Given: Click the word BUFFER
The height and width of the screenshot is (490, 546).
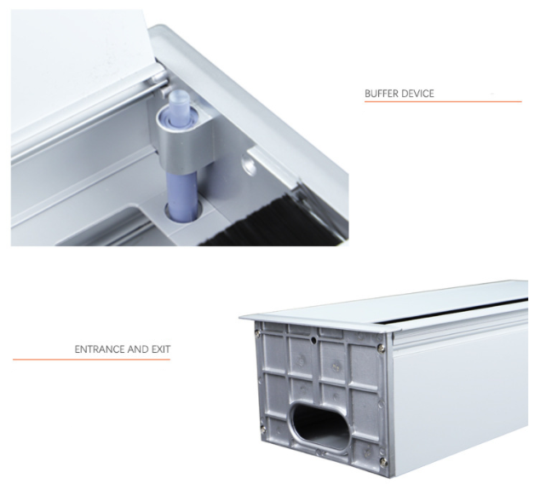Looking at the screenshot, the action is (382, 94).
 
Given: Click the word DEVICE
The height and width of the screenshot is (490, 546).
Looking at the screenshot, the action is (418, 94).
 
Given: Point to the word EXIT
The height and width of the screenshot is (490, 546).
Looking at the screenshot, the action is (161, 349).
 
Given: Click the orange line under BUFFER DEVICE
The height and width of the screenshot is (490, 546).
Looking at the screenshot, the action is (443, 101).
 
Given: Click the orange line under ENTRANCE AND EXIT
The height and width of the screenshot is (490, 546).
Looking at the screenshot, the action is (92, 359).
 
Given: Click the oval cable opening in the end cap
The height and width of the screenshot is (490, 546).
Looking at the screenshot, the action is (319, 425).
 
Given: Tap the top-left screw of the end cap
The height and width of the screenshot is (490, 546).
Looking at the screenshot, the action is (257, 333).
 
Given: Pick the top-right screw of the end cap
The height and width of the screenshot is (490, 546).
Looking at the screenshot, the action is (382, 348).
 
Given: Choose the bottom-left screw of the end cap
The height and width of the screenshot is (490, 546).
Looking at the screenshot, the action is (263, 429).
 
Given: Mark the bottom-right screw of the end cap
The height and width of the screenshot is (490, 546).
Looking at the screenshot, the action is (383, 461).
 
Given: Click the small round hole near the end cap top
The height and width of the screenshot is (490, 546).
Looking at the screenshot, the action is (313, 339).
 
